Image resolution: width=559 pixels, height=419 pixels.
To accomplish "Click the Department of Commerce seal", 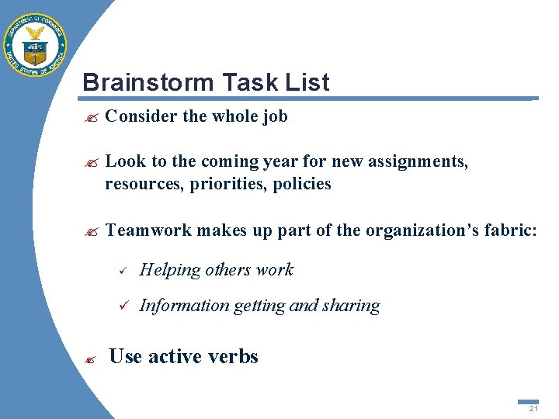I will (x=36, y=45).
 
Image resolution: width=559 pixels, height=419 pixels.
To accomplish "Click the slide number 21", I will (x=533, y=408).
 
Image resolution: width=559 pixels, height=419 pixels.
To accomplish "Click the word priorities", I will (x=232, y=184).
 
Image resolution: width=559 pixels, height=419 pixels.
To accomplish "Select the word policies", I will (x=302, y=184).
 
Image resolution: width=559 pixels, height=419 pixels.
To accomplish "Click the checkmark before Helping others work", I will (x=120, y=271).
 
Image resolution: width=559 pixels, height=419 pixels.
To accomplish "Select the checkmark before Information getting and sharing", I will (x=120, y=306).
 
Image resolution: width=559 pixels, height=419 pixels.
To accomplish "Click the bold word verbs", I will (x=231, y=356).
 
